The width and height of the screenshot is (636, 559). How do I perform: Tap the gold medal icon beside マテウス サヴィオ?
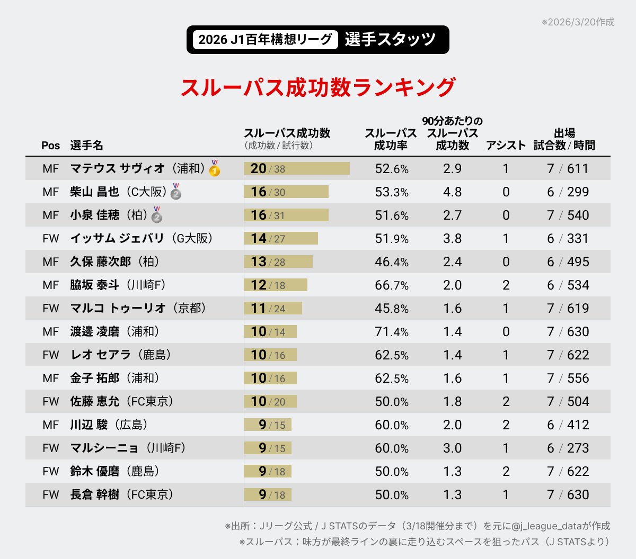214,168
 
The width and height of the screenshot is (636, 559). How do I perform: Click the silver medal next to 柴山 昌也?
176,192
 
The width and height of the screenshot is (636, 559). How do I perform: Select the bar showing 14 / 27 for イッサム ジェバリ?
281,239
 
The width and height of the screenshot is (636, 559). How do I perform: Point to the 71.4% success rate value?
391,332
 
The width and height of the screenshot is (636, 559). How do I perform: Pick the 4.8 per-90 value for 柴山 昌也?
452,192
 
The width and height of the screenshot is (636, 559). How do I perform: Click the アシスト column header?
506,146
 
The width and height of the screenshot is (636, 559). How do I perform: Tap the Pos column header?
50,146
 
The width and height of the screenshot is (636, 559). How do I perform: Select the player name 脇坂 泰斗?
94,285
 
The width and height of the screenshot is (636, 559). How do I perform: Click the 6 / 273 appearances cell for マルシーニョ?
568,448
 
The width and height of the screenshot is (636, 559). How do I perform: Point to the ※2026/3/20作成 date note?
578,22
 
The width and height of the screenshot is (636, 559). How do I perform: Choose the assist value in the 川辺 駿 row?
506,425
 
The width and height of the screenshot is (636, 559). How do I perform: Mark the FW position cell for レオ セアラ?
50,355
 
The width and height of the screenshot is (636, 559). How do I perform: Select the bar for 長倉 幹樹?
268,495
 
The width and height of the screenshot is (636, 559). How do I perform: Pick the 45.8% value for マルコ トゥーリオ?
391,309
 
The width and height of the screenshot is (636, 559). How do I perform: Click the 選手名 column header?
86,146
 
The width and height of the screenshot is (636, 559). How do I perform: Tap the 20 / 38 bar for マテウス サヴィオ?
297,169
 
